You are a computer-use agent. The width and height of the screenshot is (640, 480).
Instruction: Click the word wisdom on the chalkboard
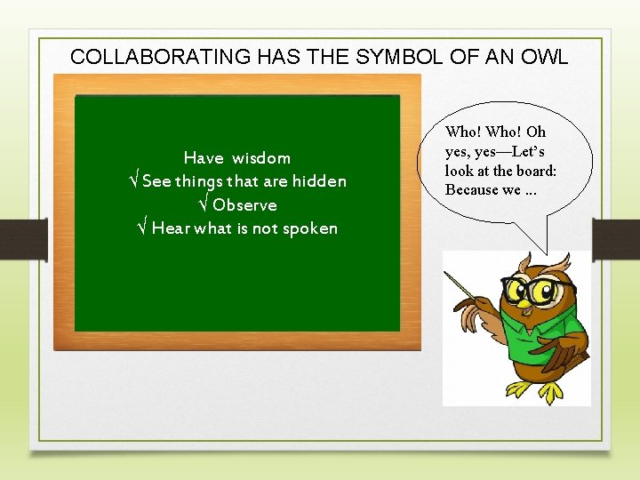[261, 158]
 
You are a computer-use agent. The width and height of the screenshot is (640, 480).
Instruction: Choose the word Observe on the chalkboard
[244, 205]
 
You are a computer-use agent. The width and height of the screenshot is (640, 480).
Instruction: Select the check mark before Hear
[140, 228]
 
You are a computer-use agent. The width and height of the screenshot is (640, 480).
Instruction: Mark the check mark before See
[132, 181]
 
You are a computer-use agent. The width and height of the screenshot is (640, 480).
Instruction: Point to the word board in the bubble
[537, 171]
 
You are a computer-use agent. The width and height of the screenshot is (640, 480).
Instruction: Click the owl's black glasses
[533, 290]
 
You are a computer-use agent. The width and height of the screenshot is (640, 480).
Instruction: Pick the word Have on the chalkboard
[203, 158]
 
